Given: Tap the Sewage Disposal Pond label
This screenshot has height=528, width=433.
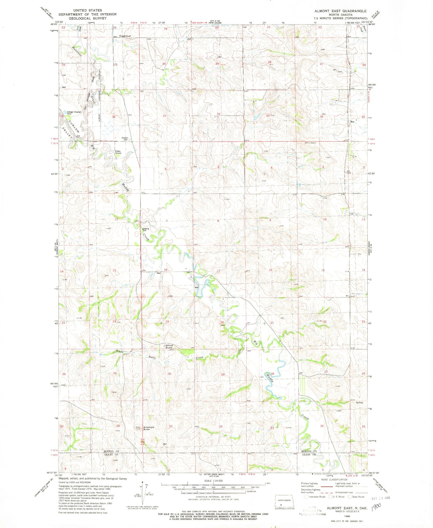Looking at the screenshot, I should coord(74,113).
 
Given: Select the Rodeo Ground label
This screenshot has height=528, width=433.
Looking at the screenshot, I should coord(118,152).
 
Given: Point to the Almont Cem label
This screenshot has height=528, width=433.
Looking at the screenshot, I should coord(124,138).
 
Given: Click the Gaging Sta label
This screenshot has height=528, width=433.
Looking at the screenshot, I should coord(146,229).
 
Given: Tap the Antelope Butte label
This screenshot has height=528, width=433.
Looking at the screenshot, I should coord(149,428).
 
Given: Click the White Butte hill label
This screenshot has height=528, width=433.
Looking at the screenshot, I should coord(169,346).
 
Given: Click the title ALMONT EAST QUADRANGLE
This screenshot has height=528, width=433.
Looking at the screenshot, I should coord(340,11).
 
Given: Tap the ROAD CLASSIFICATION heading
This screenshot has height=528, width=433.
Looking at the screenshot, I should coord(334,480).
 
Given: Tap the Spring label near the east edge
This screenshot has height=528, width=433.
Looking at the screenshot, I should coord(359,402).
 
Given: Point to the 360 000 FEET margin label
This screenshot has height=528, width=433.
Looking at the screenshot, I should coord(54,385).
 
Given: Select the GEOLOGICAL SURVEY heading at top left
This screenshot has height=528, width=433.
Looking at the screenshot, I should coord(88,18).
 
